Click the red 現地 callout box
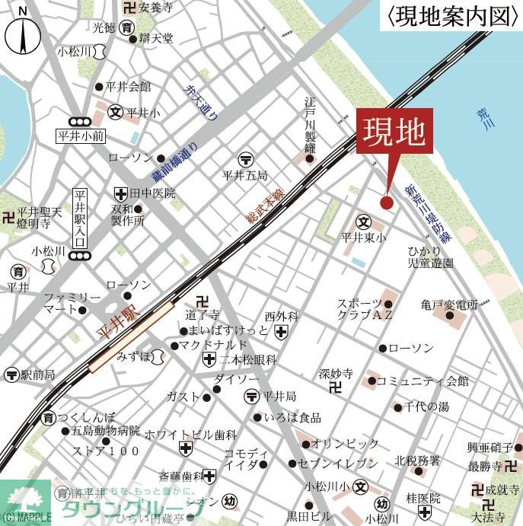pyautogui.click(x=394, y=135)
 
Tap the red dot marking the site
pyautogui.click(x=386, y=202)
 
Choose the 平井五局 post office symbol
pyautogui.click(x=245, y=159)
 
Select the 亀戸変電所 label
pyautogui.click(x=448, y=304)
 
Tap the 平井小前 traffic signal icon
pyautogui.click(x=78, y=122)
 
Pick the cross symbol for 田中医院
pyautogui.click(x=120, y=193)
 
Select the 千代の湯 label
pyautogui.click(x=426, y=406)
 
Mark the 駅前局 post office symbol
pyautogui.click(x=11, y=375)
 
